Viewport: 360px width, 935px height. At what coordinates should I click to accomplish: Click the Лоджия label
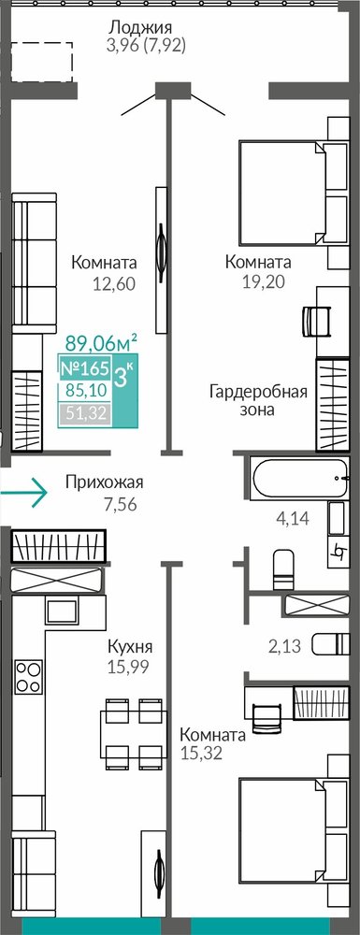pos(140,27)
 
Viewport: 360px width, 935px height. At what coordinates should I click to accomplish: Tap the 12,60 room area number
pos(114,283)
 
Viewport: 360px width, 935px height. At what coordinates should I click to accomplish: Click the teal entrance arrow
pos(23,493)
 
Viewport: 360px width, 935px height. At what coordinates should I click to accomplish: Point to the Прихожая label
pos(105,482)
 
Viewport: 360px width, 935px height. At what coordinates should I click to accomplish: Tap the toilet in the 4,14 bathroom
pos(283,569)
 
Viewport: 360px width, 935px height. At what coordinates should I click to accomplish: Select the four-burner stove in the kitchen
pos(29,677)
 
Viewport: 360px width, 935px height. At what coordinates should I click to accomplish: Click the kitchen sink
pos(61,611)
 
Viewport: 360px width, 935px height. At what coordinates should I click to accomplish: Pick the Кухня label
pos(131,647)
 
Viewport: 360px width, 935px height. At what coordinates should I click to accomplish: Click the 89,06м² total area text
pos(101,343)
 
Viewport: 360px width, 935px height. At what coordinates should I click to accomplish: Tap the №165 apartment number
pos(83,367)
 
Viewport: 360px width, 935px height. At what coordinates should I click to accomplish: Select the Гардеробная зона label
pos(258,401)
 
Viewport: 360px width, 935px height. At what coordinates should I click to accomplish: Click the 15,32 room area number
pos(200,753)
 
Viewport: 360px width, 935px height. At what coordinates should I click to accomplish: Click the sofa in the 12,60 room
pos(34,263)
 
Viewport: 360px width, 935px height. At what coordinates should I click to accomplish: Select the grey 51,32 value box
pos(85,414)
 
